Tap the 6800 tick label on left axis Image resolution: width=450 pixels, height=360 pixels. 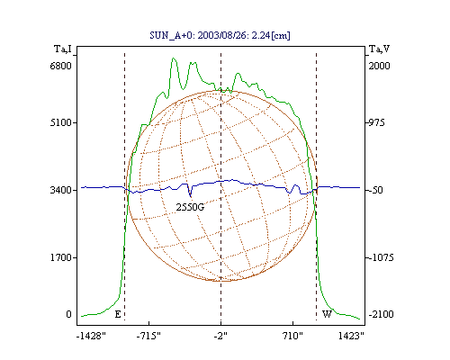point(60,66)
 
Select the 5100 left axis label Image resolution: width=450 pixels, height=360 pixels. point(60,122)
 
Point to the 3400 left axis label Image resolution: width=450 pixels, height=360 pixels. point(60,190)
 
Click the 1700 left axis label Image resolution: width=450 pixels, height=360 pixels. point(60,257)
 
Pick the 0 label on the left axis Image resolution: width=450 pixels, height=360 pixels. point(69,314)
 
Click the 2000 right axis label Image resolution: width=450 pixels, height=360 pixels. point(379,66)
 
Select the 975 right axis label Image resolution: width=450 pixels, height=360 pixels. point(376,122)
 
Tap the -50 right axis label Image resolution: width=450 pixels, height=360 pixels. point(375,190)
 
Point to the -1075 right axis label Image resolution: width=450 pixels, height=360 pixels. point(381,257)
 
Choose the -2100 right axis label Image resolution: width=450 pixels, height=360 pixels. point(381,314)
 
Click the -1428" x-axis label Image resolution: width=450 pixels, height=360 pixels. point(91,336)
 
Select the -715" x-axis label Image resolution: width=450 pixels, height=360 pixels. point(148,336)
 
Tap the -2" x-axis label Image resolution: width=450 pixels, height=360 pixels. point(220,336)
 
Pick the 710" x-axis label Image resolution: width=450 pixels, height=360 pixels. point(292,336)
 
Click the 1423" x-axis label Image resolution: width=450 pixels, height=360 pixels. point(351,336)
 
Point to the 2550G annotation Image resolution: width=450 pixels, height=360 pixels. point(190,207)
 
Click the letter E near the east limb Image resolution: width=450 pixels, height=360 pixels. point(118,314)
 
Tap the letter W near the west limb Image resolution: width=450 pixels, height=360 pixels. point(327,314)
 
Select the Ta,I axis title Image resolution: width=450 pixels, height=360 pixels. point(63,49)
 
